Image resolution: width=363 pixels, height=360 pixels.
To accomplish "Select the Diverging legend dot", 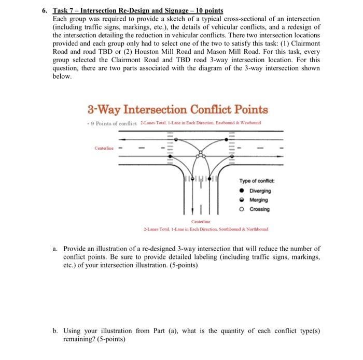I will (x=243, y=190).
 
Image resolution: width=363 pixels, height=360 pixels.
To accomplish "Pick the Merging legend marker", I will (x=243, y=199).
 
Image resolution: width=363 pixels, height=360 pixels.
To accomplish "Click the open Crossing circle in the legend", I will (x=243, y=209).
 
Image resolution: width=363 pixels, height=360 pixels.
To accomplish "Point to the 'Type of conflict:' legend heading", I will (x=257, y=181).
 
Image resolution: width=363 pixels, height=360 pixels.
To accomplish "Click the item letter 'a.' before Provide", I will (x=54, y=249).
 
